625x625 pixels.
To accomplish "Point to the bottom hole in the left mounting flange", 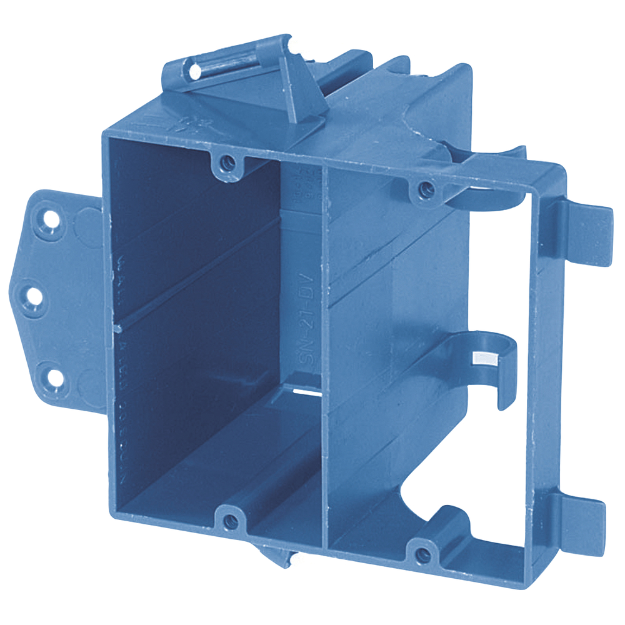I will [54, 376].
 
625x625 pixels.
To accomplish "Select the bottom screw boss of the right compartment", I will [423, 552].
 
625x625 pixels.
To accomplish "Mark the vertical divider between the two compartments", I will [324, 350].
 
